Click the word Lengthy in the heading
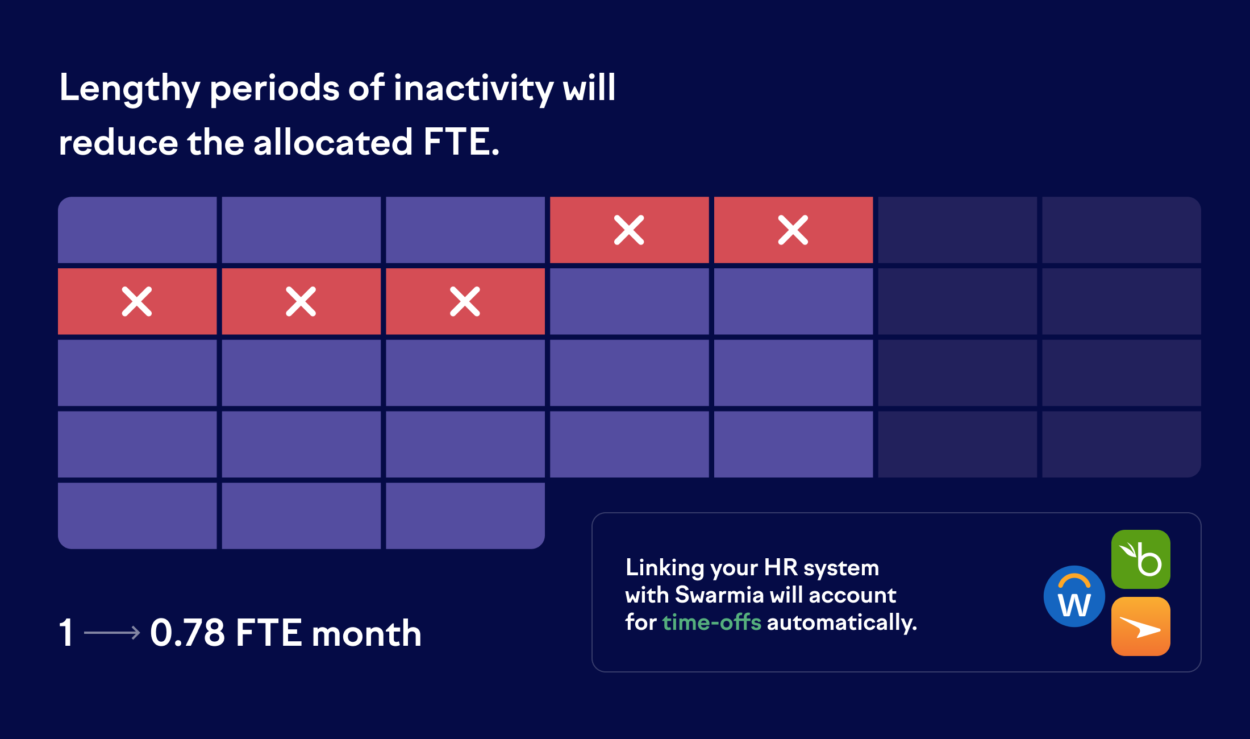tap(130, 89)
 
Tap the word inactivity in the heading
tap(473, 89)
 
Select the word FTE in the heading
tap(456, 142)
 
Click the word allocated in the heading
tap(333, 142)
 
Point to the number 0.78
tap(188, 633)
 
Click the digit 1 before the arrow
tap(66, 633)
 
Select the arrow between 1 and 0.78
tap(112, 633)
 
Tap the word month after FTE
tap(366, 633)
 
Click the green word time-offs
tap(712, 622)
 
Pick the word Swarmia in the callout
tap(719, 595)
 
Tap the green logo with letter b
tap(1140, 559)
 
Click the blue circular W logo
tap(1074, 596)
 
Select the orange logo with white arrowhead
tap(1140, 626)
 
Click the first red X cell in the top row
tap(630, 230)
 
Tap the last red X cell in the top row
tap(794, 230)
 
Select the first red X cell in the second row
tap(137, 301)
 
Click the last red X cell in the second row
tap(465, 301)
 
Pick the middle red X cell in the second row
tap(301, 301)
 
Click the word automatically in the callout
tap(842, 623)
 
